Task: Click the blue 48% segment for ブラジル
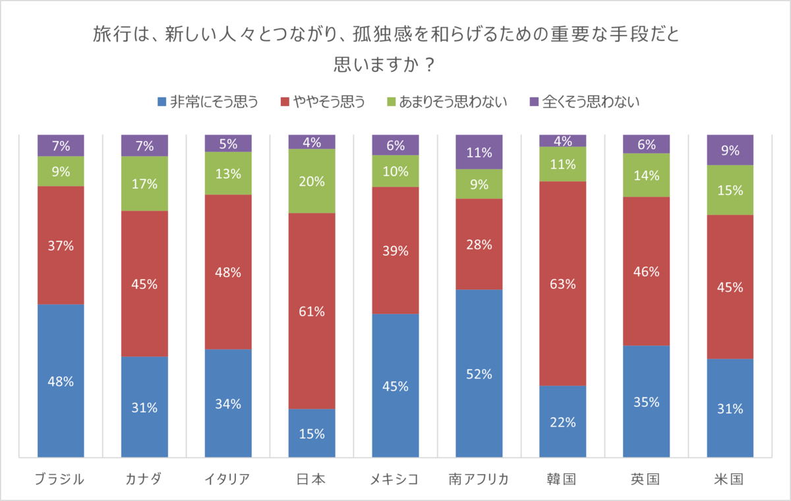tap(61, 380)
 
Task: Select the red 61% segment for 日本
tap(312, 311)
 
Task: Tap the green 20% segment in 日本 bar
tap(312, 181)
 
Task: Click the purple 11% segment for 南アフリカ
tap(479, 152)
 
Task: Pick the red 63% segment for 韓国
tap(563, 283)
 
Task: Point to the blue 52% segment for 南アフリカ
tap(479, 373)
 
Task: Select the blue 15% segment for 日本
tap(312, 433)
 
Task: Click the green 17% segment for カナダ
tap(144, 184)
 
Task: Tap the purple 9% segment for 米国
tap(730, 150)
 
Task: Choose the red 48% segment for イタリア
tap(228, 272)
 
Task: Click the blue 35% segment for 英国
tap(647, 401)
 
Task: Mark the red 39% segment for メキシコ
tap(395, 250)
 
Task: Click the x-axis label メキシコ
tap(395, 479)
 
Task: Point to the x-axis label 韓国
tap(563, 479)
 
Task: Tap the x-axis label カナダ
tap(144, 479)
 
